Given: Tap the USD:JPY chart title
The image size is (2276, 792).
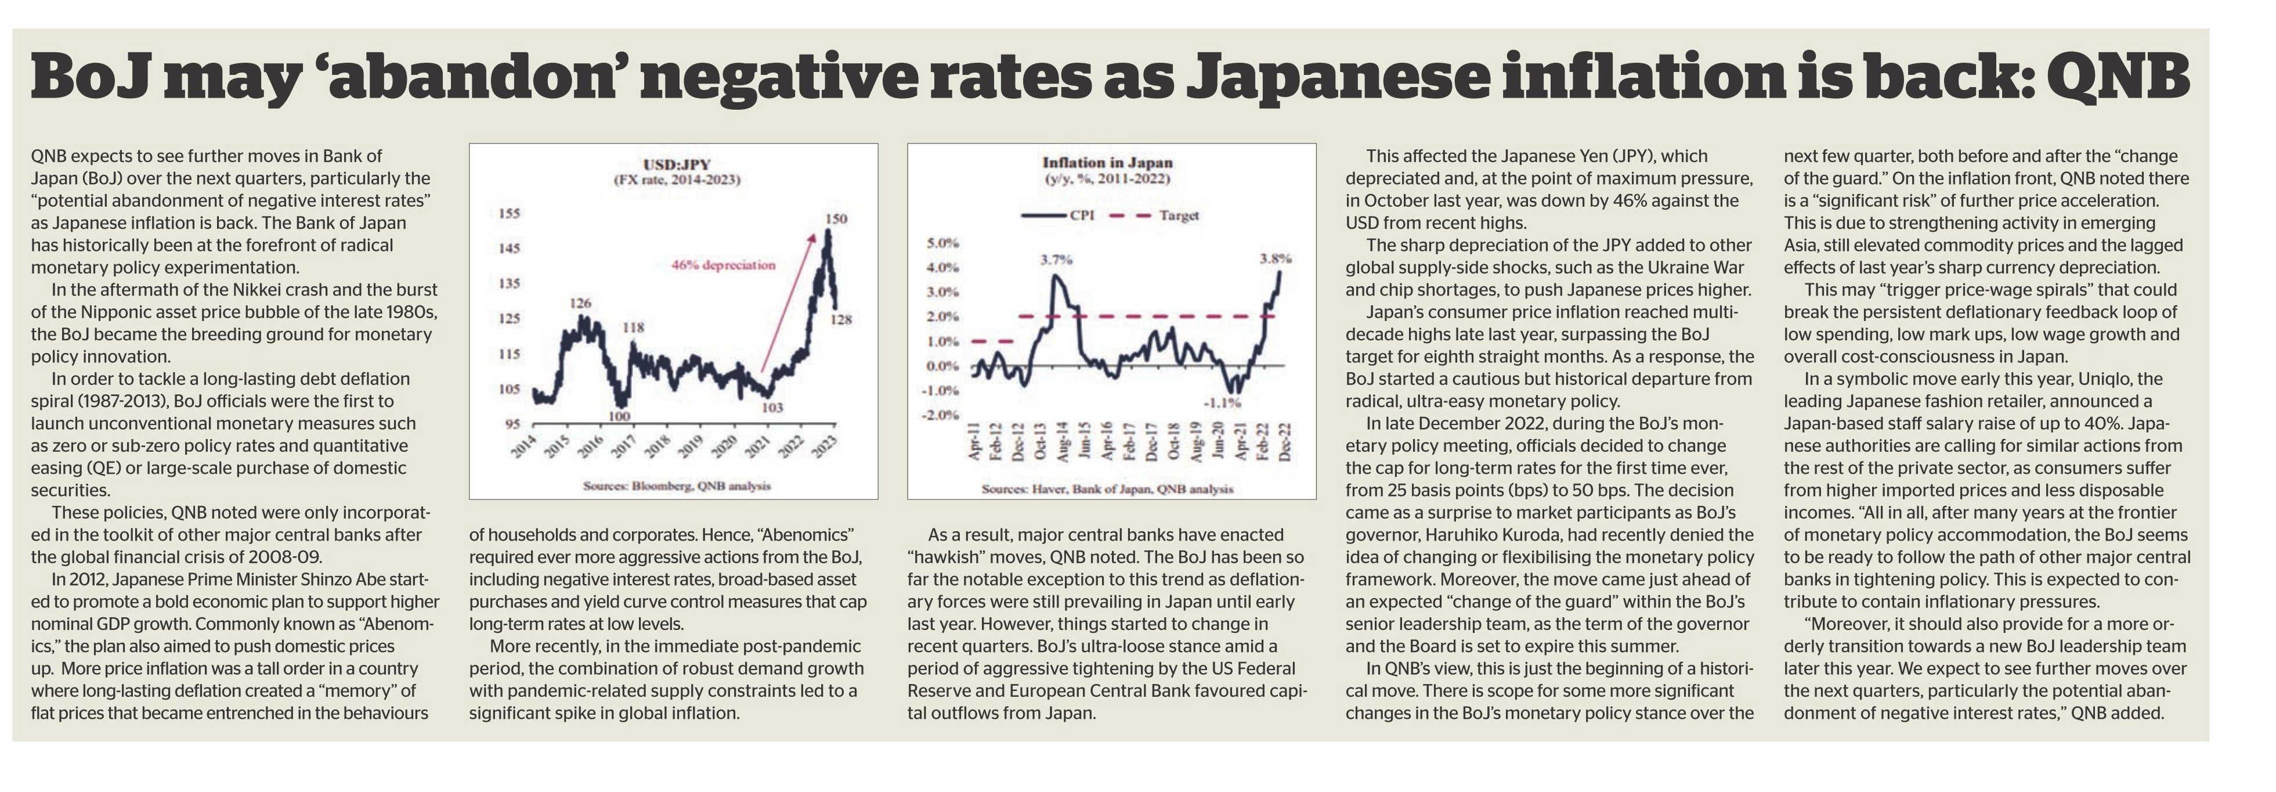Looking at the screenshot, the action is (x=677, y=164).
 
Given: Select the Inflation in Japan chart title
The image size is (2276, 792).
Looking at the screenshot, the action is (x=1107, y=163).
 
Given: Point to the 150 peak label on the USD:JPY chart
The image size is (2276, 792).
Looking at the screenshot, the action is (x=836, y=218).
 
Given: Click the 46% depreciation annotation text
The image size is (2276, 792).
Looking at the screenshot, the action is (x=724, y=264).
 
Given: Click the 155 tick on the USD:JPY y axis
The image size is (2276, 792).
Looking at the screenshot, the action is (x=510, y=213).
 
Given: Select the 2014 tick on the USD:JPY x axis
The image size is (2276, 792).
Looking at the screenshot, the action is (x=525, y=447).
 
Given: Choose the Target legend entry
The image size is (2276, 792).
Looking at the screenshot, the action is (x=1155, y=215).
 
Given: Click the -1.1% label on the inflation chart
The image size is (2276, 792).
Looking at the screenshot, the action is (x=1222, y=402).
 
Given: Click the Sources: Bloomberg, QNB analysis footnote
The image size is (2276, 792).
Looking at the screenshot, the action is (x=677, y=485).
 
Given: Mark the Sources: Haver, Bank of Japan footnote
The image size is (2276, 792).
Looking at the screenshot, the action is (x=1107, y=489).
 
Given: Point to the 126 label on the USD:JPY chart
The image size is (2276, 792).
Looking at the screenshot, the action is (x=580, y=303).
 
